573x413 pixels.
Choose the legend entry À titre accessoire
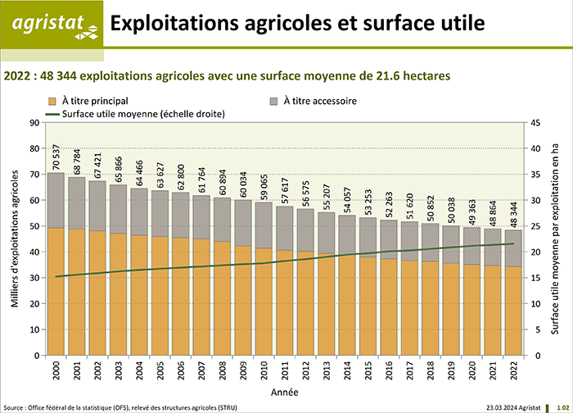314,102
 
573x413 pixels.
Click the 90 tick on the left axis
34,123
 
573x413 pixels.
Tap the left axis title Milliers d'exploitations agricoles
16,239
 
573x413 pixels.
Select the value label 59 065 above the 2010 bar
264,185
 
